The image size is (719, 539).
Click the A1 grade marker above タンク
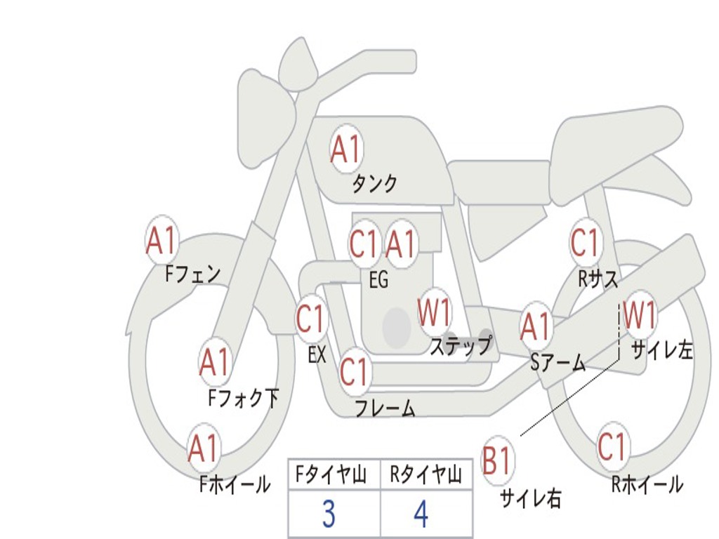pos(345,149)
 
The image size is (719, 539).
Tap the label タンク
pos(374,184)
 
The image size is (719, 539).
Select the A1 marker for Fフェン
pos(162,241)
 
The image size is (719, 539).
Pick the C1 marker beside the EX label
pos(311,319)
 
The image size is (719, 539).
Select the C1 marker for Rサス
pos(585,243)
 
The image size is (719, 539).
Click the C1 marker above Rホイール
pos(612,446)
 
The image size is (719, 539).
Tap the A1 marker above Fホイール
pos(204,448)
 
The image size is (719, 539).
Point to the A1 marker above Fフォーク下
pos(215,362)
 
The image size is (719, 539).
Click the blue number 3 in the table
pos(329,514)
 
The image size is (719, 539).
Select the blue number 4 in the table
pos(421,514)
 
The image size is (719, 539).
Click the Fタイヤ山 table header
pos(330,477)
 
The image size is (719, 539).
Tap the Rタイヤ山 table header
pos(426,477)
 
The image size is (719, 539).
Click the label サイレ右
pos(531,498)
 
